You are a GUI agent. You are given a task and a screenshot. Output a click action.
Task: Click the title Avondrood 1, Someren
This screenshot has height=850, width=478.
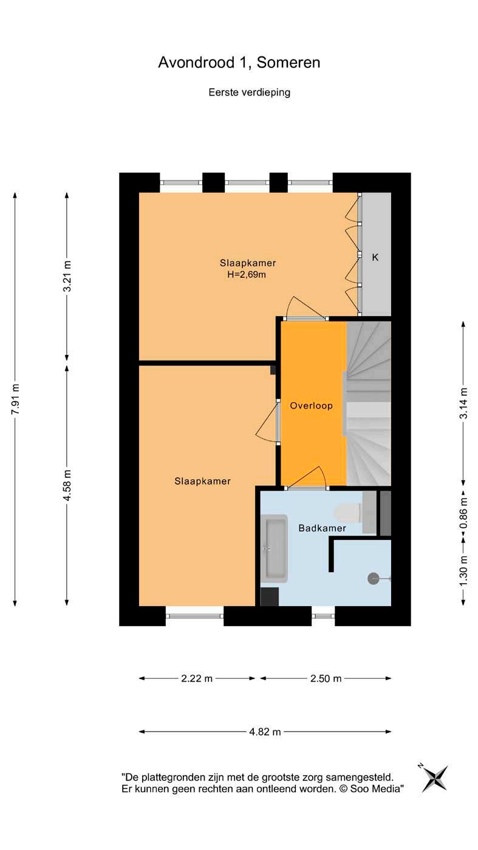pyautogui.click(x=239, y=63)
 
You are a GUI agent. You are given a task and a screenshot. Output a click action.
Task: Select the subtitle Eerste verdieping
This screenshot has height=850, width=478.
pyautogui.click(x=250, y=92)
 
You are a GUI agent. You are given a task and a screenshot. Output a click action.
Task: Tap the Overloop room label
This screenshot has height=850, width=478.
pyautogui.click(x=311, y=406)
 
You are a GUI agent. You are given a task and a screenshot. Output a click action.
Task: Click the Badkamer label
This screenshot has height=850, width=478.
pyautogui.click(x=322, y=528)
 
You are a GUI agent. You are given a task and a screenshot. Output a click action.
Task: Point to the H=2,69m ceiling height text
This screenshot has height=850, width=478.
pyautogui.click(x=247, y=274)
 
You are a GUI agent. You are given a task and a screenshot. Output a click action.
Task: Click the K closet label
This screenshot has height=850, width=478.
pyautogui.click(x=375, y=257)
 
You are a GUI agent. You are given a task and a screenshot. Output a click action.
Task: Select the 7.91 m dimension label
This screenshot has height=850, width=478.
pyautogui.click(x=15, y=399)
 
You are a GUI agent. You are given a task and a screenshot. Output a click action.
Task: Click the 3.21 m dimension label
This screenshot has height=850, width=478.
pyautogui.click(x=67, y=276)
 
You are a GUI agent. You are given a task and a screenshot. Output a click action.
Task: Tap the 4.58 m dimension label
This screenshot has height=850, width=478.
pyautogui.click(x=67, y=485)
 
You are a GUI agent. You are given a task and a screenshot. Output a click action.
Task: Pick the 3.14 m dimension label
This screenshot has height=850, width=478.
pyautogui.click(x=463, y=403)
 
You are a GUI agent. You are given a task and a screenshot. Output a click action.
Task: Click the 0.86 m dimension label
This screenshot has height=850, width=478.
pyautogui.click(x=463, y=513)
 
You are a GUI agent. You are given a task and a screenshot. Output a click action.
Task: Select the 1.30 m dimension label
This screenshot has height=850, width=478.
pyautogui.click(x=463, y=571)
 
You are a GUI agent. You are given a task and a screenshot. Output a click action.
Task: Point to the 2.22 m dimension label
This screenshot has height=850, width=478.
pyautogui.click(x=197, y=678)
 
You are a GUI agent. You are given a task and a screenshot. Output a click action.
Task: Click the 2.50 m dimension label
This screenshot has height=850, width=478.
pyautogui.click(x=326, y=678)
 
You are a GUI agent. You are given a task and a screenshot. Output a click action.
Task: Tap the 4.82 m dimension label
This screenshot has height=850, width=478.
pyautogui.click(x=265, y=731)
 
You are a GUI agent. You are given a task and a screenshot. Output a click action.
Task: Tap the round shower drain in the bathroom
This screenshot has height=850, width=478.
pyautogui.click(x=373, y=578)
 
